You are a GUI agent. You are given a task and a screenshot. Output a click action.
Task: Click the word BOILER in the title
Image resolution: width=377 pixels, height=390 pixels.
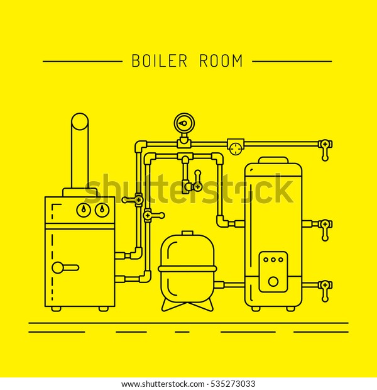pyautogui.click(x=160, y=61)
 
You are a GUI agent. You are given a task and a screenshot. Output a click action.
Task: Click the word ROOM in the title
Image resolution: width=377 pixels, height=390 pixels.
pyautogui.click(x=221, y=61)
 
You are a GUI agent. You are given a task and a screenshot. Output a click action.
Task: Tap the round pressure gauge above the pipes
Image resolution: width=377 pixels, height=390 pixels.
pyautogui.click(x=184, y=123)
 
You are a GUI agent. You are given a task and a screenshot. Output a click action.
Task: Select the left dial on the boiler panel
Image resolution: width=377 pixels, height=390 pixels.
pyautogui.click(x=84, y=210)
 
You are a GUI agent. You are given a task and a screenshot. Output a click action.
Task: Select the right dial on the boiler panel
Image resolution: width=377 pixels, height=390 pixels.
pyautogui.click(x=102, y=210)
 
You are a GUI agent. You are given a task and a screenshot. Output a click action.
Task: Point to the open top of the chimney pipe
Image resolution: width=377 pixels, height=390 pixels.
pyautogui.click(x=80, y=121)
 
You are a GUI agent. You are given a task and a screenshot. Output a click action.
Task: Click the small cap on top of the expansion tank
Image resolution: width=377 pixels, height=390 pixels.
pyautogui.click(x=187, y=233)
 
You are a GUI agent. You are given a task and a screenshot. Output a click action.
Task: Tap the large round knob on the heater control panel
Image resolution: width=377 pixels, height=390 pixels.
pyautogui.click(x=273, y=282)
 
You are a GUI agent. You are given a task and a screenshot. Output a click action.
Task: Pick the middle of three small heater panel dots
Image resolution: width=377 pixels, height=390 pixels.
pyautogui.click(x=273, y=260)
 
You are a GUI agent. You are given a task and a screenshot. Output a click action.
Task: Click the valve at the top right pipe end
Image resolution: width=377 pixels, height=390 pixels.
pyautogui.click(x=325, y=150)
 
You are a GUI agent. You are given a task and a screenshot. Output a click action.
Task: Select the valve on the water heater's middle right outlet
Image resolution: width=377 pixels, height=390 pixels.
pyautogui.click(x=325, y=230)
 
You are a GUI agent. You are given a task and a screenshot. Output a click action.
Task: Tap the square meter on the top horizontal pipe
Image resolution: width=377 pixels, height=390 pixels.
pyautogui.click(x=236, y=147)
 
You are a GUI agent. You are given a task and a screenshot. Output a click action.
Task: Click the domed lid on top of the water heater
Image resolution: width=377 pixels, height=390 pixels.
pyautogui.click(x=273, y=160)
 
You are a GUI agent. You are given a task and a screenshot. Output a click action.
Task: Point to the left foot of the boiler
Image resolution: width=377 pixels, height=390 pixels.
pyautogui.click(x=56, y=309)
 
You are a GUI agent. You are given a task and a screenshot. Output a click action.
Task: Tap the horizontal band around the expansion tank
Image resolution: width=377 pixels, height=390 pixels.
pyautogui.click(x=187, y=269)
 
